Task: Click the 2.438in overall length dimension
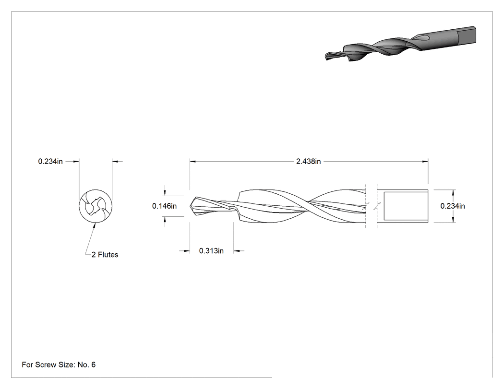(308, 161)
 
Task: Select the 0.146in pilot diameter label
(164, 206)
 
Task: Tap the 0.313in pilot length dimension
(211, 250)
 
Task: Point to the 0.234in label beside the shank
(453, 206)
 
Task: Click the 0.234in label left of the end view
(50, 161)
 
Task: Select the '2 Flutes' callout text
(105, 254)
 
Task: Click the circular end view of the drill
(96, 206)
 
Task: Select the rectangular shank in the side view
(402, 206)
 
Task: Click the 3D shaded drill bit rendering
(400, 44)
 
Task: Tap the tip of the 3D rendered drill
(326, 57)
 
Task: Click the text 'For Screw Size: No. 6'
(59, 365)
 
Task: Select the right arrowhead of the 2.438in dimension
(425, 161)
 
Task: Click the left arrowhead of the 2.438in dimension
(192, 161)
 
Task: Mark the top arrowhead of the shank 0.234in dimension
(453, 192)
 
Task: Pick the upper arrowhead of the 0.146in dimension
(165, 193)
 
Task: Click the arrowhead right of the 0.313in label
(236, 250)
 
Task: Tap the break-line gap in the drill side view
(371, 206)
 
